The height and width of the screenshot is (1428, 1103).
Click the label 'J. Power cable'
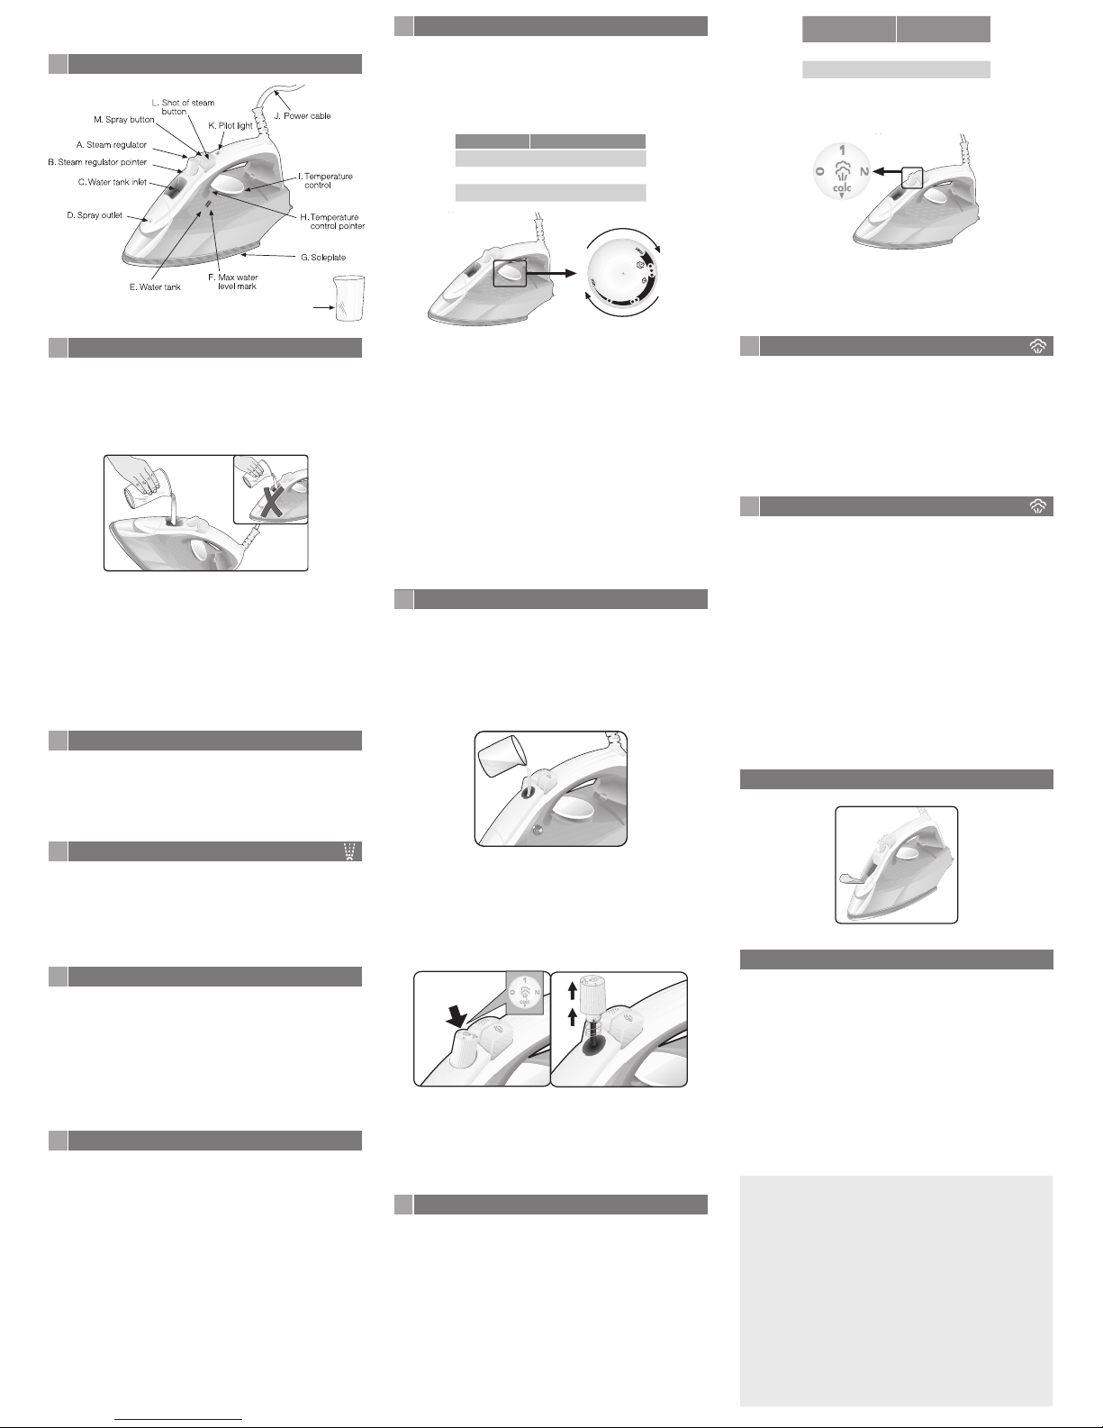[302, 115]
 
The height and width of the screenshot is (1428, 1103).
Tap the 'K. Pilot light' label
[231, 125]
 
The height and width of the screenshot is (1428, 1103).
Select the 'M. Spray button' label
[124, 120]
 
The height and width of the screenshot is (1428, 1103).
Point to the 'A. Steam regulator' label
[112, 144]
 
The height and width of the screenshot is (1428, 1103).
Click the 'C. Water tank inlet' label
[113, 182]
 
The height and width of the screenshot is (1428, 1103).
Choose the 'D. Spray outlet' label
[95, 215]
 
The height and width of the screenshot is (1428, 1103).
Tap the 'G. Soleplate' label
[323, 257]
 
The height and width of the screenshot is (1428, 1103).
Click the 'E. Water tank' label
[155, 287]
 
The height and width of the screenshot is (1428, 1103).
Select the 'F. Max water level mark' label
[233, 282]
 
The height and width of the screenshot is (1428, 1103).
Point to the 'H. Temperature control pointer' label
[332, 222]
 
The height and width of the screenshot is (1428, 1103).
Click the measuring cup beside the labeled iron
[349, 298]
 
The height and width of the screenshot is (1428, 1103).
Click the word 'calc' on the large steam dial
[842, 188]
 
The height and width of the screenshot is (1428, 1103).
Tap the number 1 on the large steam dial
[843, 150]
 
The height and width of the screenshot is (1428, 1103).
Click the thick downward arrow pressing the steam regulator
[457, 1017]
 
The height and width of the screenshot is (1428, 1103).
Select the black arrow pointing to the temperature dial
[551, 273]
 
